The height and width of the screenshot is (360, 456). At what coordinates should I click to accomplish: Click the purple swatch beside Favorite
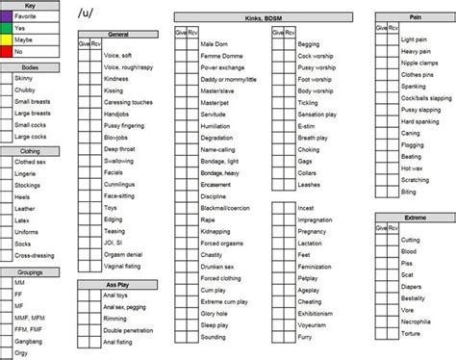pyautogui.click(x=8, y=17)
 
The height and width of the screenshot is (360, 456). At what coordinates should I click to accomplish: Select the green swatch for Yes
pyautogui.click(x=8, y=28)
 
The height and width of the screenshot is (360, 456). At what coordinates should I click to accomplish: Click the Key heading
pyautogui.click(x=29, y=6)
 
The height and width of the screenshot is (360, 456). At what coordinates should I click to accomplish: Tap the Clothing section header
pyautogui.click(x=29, y=150)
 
